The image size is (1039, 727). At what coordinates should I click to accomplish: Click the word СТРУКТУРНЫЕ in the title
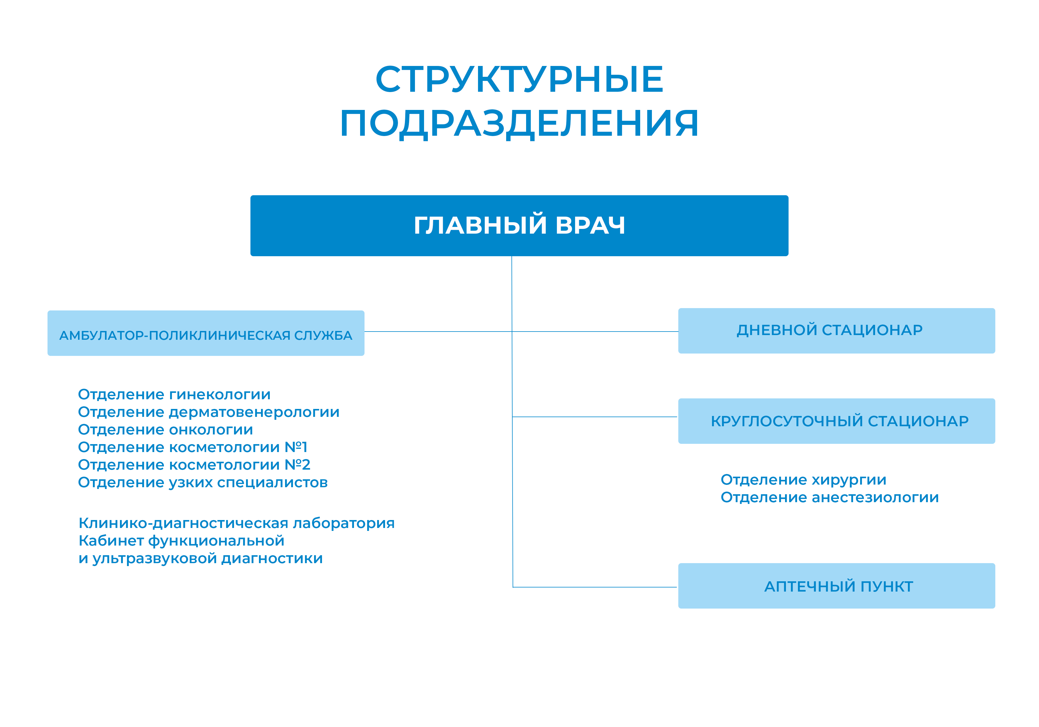tap(520, 80)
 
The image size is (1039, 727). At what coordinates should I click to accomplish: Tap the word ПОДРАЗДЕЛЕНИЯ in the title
tap(520, 123)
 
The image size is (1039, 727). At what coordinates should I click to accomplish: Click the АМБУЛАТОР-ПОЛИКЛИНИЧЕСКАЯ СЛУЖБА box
tap(206, 333)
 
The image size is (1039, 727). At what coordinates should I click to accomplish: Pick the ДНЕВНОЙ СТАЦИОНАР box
tap(836, 331)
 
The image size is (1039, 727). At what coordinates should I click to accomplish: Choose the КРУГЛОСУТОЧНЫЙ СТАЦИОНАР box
tap(836, 421)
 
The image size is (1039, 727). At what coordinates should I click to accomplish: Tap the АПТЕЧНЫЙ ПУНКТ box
tap(836, 586)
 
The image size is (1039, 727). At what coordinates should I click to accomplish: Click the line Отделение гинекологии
tap(174, 395)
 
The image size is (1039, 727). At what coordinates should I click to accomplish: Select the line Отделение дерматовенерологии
tap(209, 412)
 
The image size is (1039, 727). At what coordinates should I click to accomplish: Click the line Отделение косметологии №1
tap(193, 447)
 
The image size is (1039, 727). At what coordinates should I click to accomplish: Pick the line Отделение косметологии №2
tap(194, 465)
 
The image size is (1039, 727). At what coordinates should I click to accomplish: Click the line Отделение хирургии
tap(803, 480)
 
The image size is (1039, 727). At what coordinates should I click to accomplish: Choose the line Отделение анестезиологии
tap(830, 497)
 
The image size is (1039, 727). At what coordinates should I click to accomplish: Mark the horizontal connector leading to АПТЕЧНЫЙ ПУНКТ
tap(595, 587)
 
